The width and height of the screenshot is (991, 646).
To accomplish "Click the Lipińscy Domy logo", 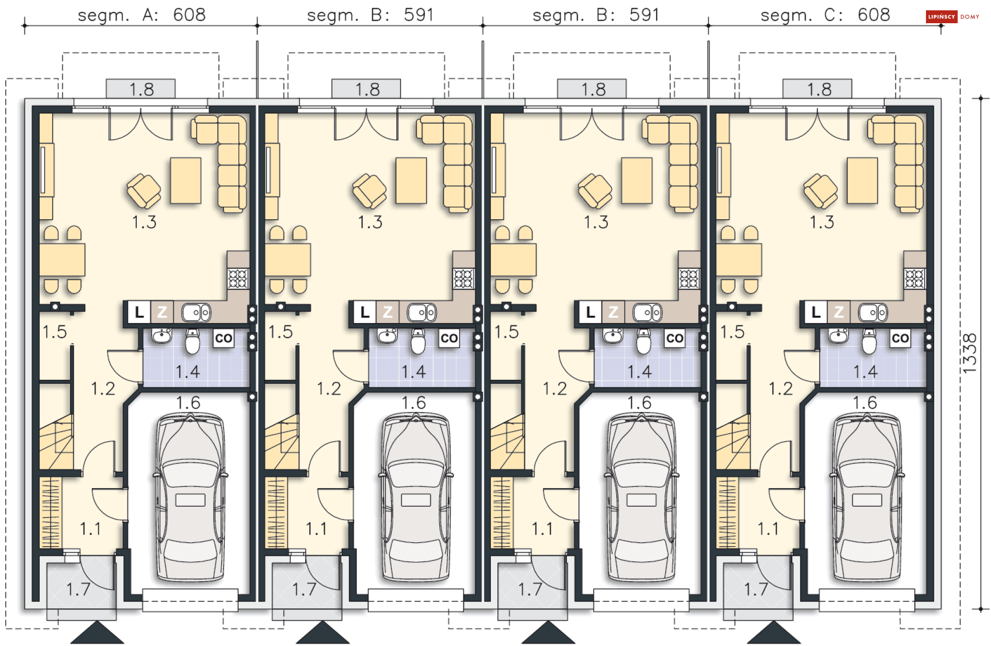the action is click(952, 17).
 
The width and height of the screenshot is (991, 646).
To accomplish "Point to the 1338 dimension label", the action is click(970, 353).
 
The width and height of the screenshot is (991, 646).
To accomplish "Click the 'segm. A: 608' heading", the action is click(141, 15).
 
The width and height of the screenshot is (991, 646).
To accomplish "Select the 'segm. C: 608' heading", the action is click(825, 15).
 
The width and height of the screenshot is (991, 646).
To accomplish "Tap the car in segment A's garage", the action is click(190, 497).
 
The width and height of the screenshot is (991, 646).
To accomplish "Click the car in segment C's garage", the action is click(867, 497).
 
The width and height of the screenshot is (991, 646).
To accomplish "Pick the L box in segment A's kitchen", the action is click(139, 312).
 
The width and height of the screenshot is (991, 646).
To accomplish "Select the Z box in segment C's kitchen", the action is click(839, 312).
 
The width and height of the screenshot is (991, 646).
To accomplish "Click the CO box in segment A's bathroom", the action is click(223, 338).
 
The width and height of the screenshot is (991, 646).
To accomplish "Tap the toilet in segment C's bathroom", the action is click(869, 341).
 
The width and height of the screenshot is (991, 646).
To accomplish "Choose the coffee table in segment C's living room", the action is click(862, 181).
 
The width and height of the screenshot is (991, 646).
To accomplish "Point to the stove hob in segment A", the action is click(238, 279).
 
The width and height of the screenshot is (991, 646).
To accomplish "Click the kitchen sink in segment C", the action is click(873, 313).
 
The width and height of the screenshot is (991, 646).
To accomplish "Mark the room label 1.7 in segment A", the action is click(78, 589).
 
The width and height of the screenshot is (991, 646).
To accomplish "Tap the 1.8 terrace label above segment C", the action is click(819, 89).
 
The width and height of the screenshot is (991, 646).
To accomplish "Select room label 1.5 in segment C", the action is click(732, 332).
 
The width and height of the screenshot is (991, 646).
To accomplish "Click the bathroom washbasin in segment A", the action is click(162, 336).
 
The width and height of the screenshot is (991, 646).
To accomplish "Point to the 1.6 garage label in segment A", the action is click(188, 403).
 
